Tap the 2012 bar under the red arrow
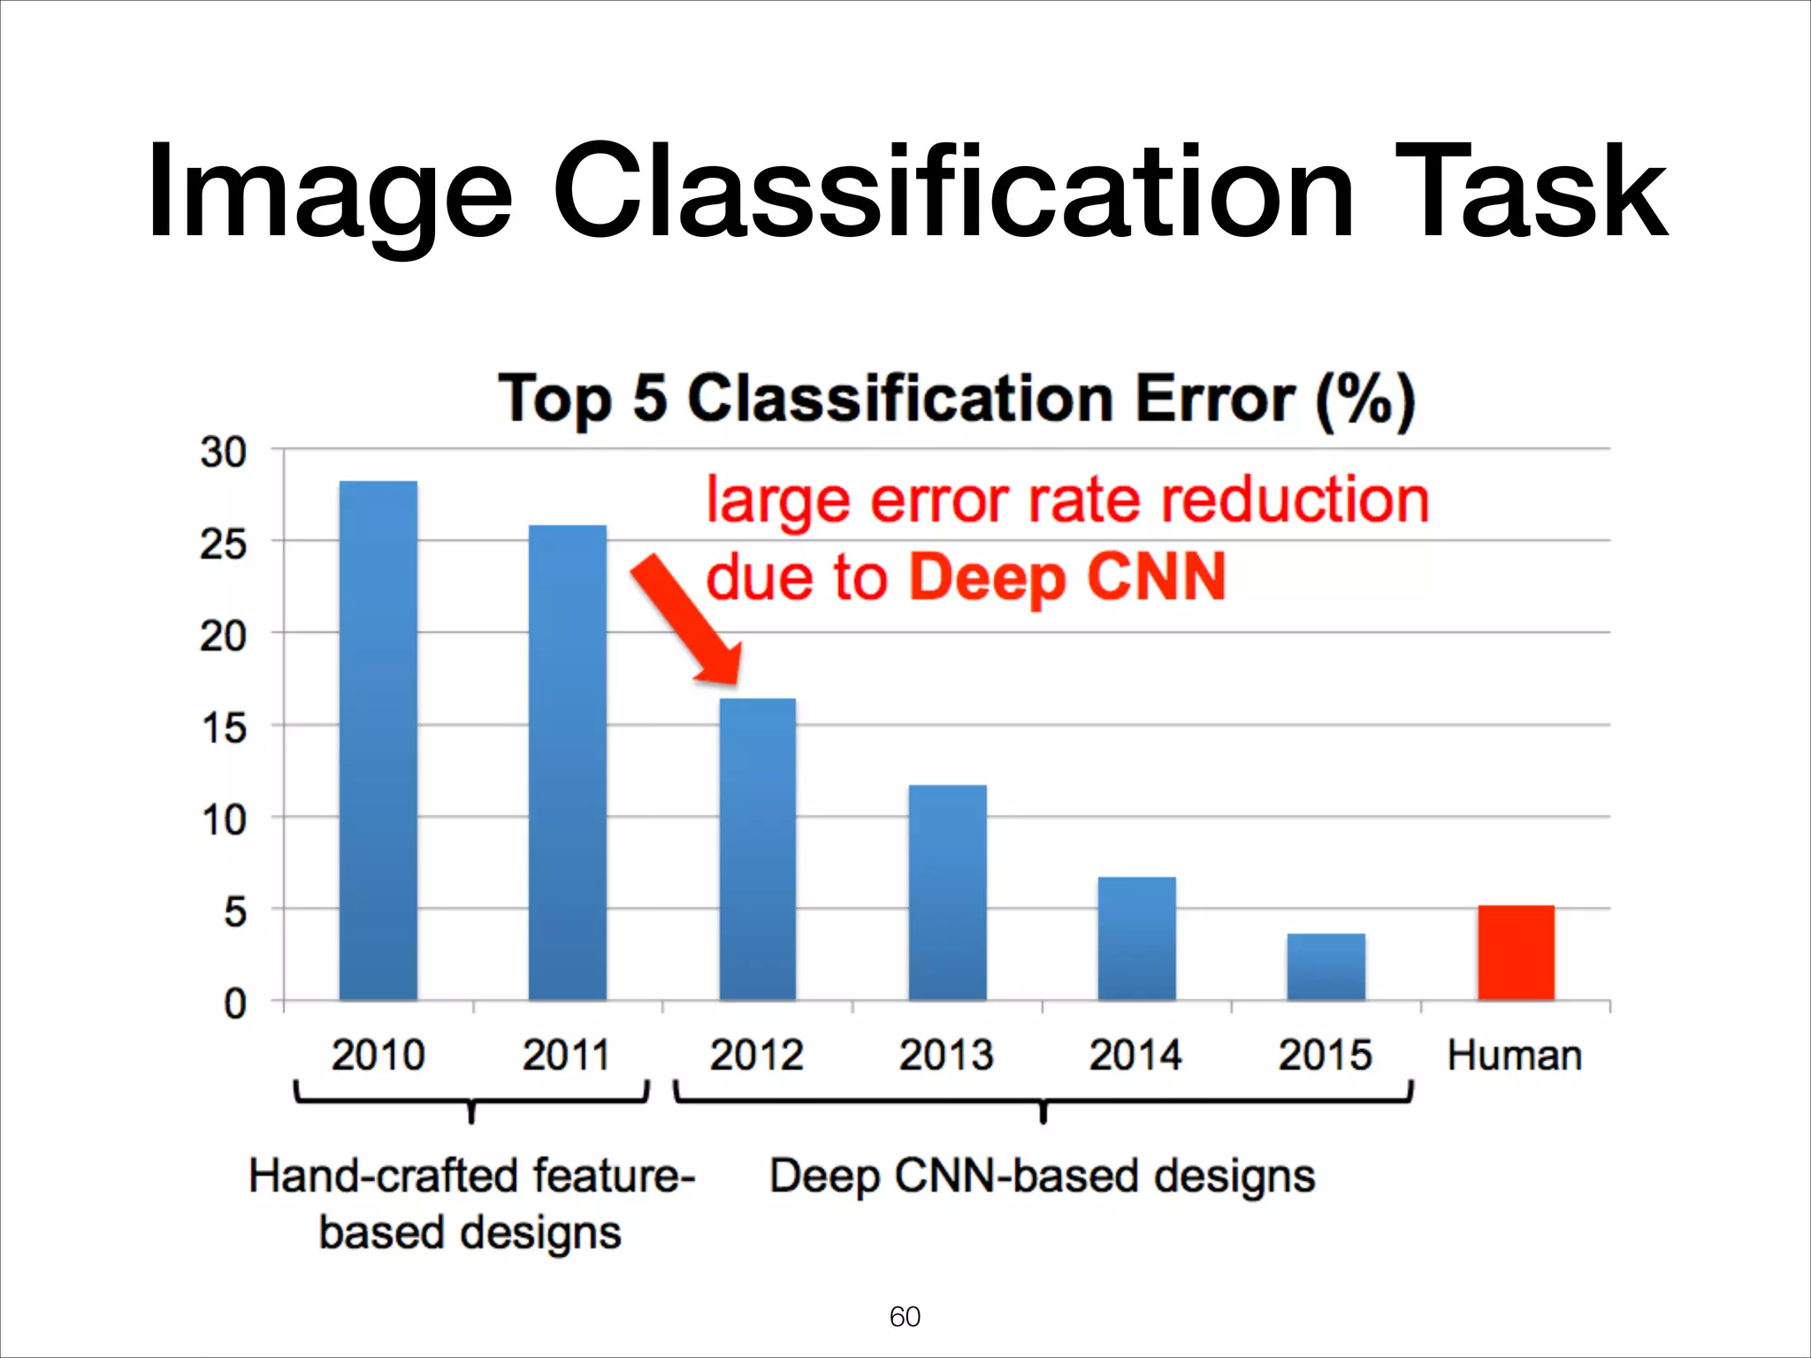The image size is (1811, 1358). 758,849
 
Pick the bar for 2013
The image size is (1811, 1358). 947,892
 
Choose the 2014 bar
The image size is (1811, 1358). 1137,938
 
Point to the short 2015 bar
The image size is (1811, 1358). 1326,966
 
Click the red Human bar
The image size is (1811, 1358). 1516,952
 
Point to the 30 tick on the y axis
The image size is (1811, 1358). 223,453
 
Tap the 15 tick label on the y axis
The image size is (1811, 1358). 223,729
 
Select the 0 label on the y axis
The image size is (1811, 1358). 234,1004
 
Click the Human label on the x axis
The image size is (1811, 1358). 1515,1056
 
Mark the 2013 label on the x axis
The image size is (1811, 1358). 946,1056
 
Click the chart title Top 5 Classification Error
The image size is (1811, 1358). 957,400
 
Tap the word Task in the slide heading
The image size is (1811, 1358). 1530,193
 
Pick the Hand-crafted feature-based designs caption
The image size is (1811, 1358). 471,1204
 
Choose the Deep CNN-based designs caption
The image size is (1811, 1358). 1042,1177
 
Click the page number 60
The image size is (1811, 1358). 905,1316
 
